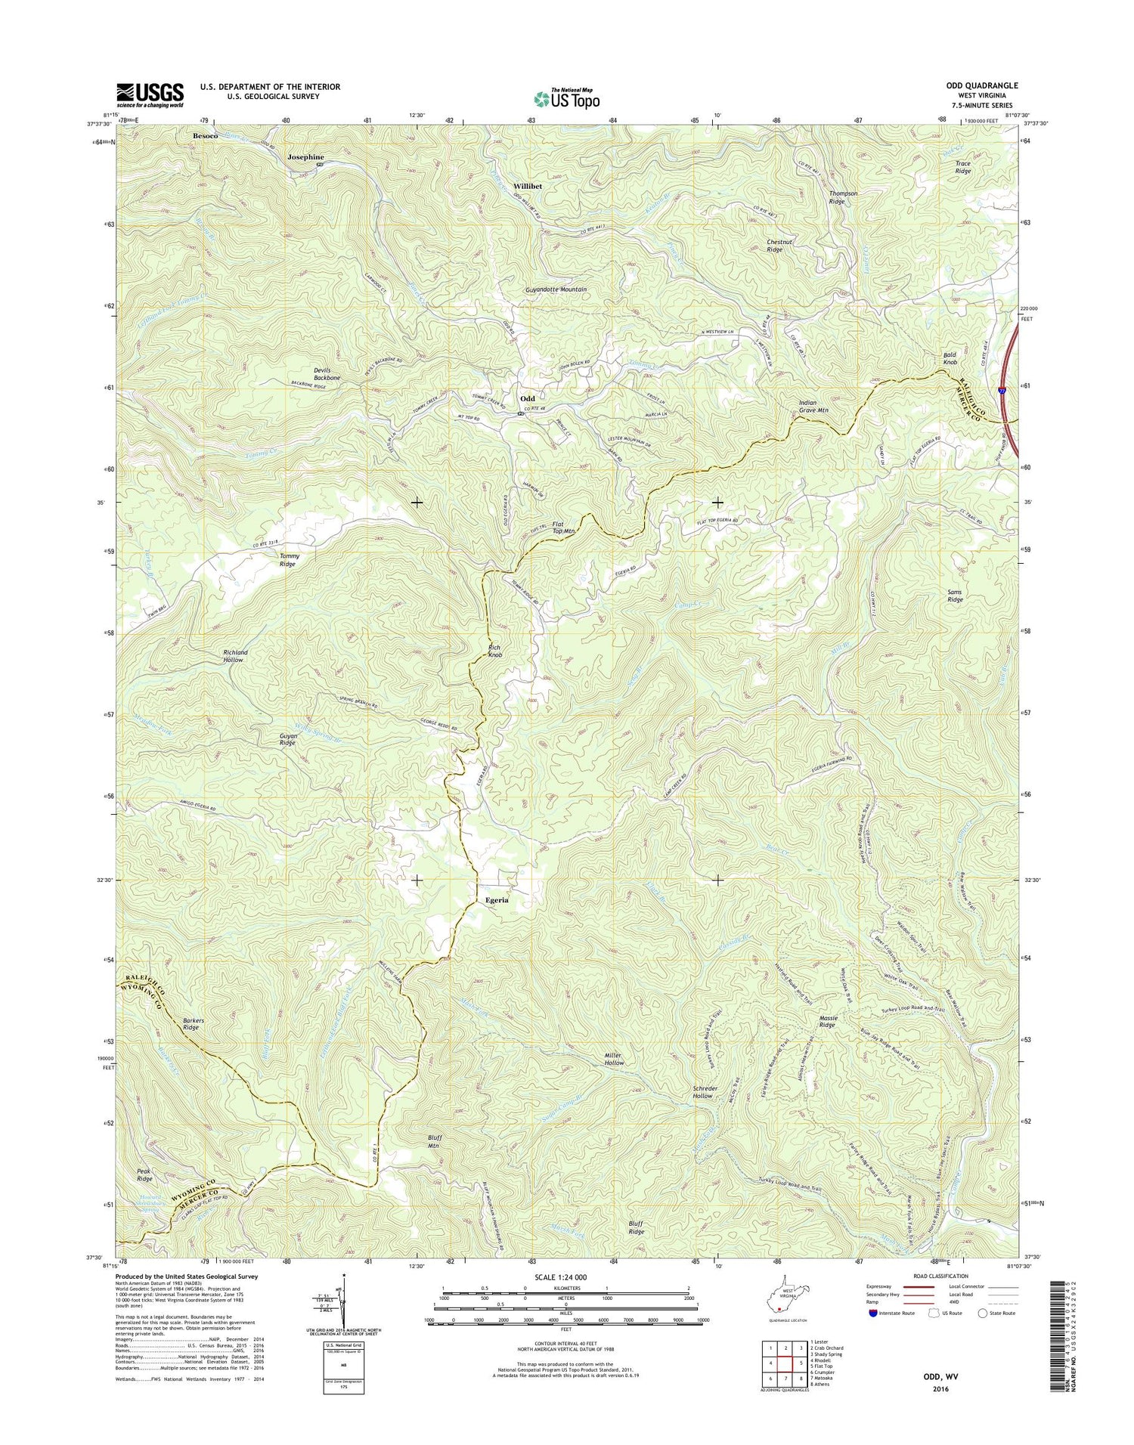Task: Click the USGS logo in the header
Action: pyautogui.click(x=150, y=95)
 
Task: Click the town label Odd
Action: pyautogui.click(x=527, y=398)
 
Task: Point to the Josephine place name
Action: pyautogui.click(x=307, y=157)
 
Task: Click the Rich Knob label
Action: pyautogui.click(x=494, y=651)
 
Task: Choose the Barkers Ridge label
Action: pyautogui.click(x=193, y=1024)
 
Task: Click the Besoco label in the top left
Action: pyautogui.click(x=205, y=135)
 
